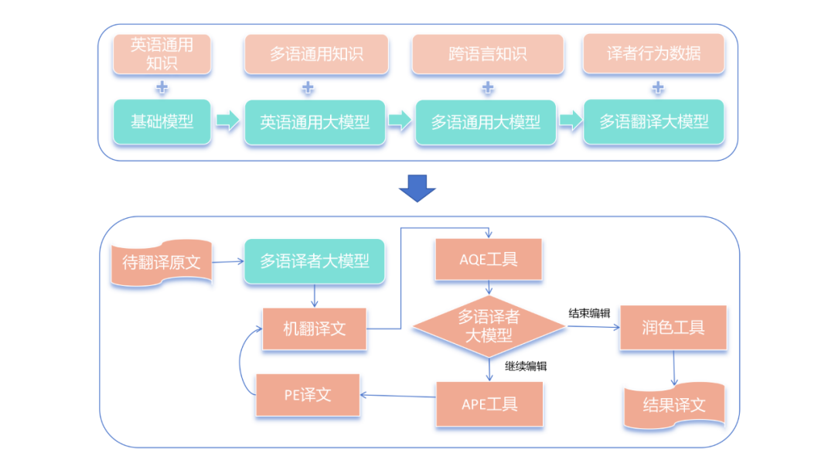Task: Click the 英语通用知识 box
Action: click(x=162, y=54)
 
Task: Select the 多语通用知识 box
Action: click(x=315, y=54)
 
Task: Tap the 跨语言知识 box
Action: click(x=487, y=54)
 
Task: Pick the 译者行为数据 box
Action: click(x=653, y=54)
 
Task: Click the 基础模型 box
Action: click(x=162, y=121)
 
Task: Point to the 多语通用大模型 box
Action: click(x=486, y=122)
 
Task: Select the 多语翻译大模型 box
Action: click(x=653, y=121)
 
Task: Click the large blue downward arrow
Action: click(x=417, y=188)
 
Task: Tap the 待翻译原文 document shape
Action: click(x=162, y=262)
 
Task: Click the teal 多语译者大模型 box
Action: click(x=315, y=261)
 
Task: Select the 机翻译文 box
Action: click(x=315, y=329)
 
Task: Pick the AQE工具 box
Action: click(x=489, y=260)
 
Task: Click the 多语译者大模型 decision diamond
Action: click(x=489, y=327)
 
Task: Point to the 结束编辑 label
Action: click(x=590, y=313)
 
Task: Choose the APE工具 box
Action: click(x=489, y=403)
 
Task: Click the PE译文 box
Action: click(x=308, y=394)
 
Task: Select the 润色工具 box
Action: click(x=673, y=328)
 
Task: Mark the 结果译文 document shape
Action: click(x=673, y=405)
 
